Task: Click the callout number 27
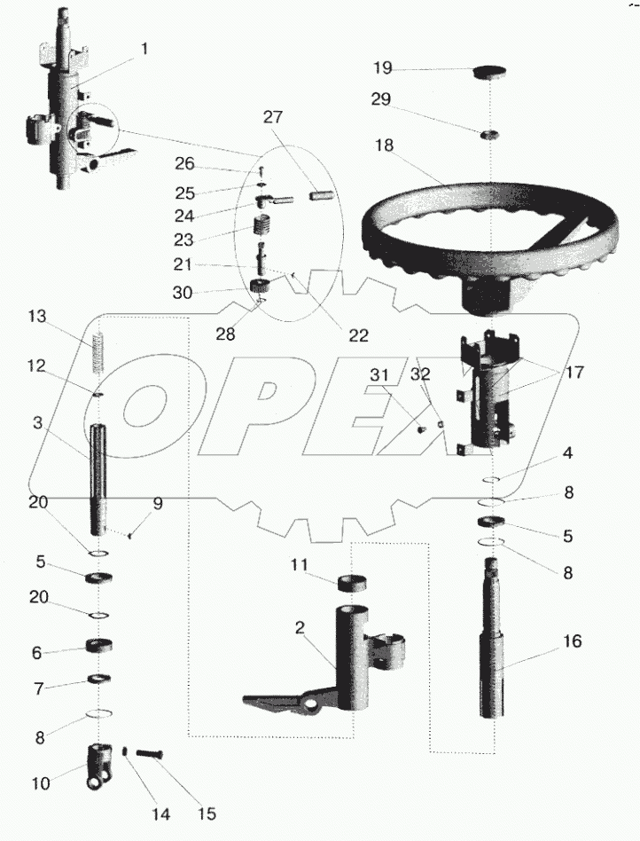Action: coord(275,114)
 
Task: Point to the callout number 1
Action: coord(144,51)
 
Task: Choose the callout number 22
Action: coord(358,335)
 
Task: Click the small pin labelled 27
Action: coord(322,193)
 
